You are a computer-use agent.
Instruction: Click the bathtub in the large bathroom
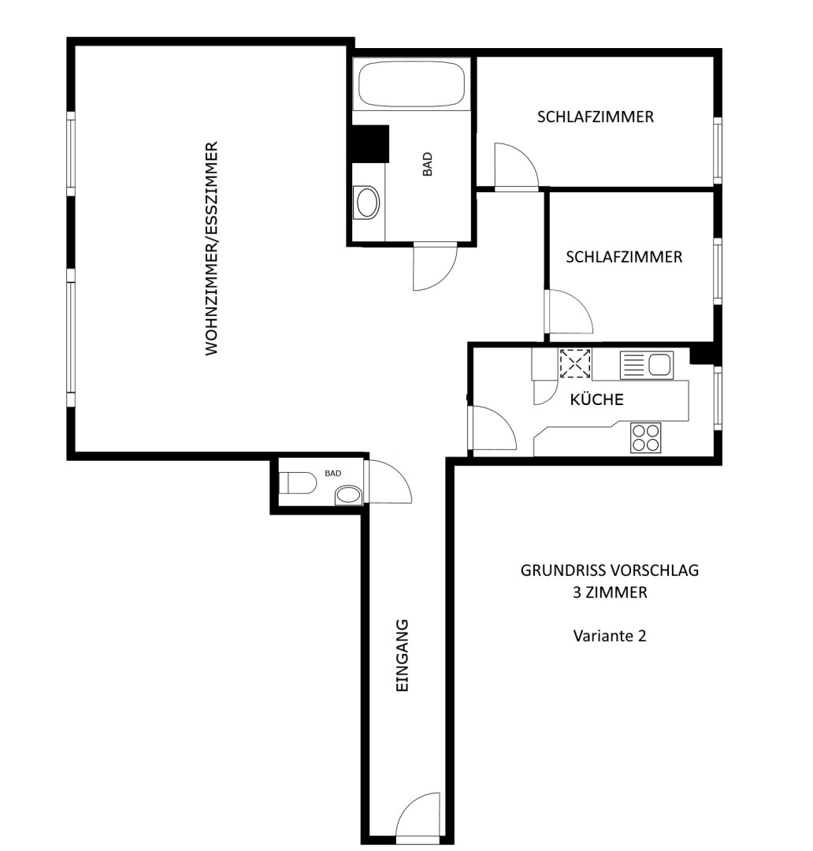click(411, 84)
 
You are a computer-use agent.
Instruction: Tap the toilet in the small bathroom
click(298, 483)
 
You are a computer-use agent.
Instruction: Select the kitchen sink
click(647, 365)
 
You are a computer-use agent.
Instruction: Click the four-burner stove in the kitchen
click(646, 437)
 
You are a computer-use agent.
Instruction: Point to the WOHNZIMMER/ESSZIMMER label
click(211, 248)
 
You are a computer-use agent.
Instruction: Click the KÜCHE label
click(596, 399)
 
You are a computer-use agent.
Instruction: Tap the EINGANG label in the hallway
click(402, 655)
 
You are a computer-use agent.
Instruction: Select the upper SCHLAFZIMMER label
click(596, 117)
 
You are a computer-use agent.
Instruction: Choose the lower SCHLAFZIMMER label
click(624, 257)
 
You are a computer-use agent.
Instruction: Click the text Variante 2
click(610, 636)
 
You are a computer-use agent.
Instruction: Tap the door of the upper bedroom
click(516, 165)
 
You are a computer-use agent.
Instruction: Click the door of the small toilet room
click(388, 481)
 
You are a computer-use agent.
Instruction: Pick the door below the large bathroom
click(435, 267)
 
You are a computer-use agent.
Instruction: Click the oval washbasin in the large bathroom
click(366, 203)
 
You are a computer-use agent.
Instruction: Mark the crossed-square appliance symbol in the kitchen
click(575, 363)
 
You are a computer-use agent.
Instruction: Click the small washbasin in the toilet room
click(348, 495)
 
